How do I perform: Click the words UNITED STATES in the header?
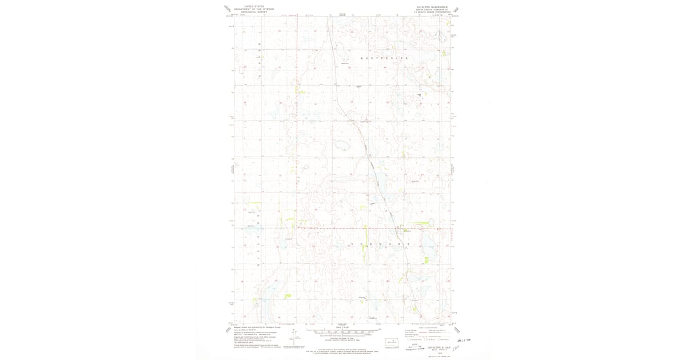click(254, 5)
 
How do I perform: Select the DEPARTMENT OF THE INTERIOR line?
click(254, 9)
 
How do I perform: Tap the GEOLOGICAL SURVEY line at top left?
click(254, 11)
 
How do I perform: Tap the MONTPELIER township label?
click(385, 59)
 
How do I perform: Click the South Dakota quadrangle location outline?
click(392, 343)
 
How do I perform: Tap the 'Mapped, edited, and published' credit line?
click(252, 327)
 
